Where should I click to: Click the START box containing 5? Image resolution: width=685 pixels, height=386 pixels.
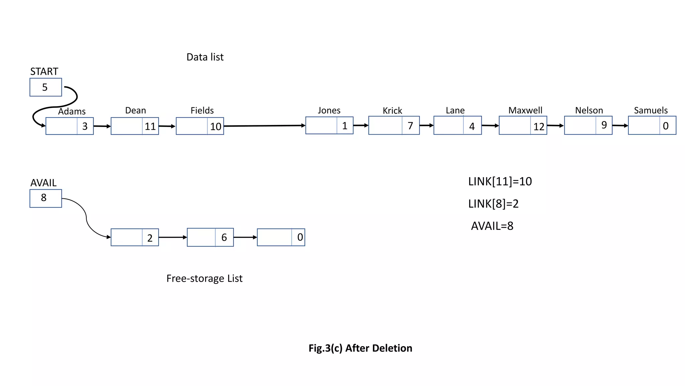(45, 87)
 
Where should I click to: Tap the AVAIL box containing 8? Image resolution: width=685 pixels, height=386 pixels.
(45, 198)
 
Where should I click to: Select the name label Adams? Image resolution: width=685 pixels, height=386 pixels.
(72, 111)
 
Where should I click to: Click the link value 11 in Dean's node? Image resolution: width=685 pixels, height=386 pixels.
(150, 126)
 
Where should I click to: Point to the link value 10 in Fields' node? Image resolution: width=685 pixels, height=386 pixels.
(215, 126)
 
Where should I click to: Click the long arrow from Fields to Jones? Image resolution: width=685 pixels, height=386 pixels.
(264, 126)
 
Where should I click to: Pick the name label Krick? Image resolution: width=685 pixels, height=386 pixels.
(392, 111)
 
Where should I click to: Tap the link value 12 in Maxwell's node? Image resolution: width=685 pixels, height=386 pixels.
(539, 126)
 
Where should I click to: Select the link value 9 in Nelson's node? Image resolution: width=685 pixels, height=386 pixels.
(604, 125)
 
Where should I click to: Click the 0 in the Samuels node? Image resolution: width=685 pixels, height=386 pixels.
(666, 126)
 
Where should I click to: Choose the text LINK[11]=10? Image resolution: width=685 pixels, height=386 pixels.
(500, 181)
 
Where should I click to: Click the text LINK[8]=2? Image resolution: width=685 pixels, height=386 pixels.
(493, 203)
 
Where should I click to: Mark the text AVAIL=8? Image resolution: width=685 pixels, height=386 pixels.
(492, 226)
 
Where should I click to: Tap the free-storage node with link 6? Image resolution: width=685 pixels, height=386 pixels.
(210, 237)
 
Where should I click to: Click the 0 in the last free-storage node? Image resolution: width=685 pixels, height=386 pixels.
(300, 237)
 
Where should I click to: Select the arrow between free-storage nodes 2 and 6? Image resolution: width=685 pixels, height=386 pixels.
(173, 237)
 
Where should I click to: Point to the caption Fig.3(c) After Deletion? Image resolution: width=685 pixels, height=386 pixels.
(360, 348)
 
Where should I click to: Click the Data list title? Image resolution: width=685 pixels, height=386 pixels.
(205, 57)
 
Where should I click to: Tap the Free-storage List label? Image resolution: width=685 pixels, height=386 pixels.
(204, 278)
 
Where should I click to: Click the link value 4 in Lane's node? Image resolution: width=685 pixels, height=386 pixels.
(472, 126)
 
